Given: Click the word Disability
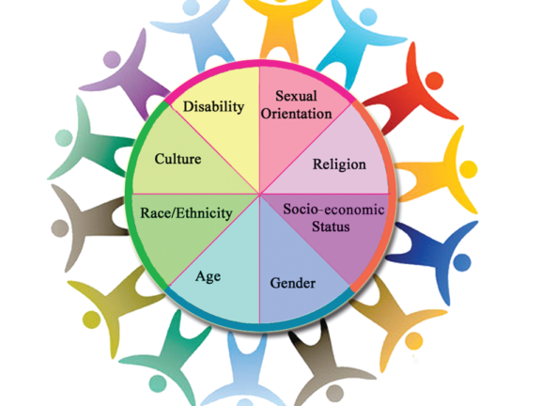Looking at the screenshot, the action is pyautogui.click(x=213, y=106).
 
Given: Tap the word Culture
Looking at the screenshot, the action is pyautogui.click(x=178, y=159).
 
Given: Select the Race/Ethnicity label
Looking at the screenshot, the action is pyautogui.click(x=186, y=213).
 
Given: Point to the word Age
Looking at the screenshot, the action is pyautogui.click(x=209, y=277).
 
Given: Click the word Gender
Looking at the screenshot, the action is pyautogui.click(x=293, y=283).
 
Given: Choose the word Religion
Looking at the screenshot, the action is pyautogui.click(x=339, y=164).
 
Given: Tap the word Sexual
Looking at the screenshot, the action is pyautogui.click(x=296, y=96).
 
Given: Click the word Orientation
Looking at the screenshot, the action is pyautogui.click(x=296, y=114).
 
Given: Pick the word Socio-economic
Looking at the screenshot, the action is pyautogui.click(x=333, y=210).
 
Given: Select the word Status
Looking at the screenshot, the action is pyautogui.click(x=331, y=226).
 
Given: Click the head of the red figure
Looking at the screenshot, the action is pyautogui.click(x=434, y=80).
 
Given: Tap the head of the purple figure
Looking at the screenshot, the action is pyautogui.click(x=112, y=59).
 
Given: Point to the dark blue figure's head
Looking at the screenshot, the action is pyautogui.click(x=462, y=262).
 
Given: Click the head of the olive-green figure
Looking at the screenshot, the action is pyautogui.click(x=92, y=320).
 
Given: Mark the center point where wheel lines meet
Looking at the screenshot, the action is pyautogui.click(x=259, y=194).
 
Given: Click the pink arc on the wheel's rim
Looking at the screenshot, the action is pyautogui.click(x=259, y=63).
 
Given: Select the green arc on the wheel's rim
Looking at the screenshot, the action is pyautogui.click(x=130, y=194).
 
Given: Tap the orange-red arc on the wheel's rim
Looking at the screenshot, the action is pyautogui.click(x=390, y=194).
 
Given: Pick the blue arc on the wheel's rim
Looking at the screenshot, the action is pyautogui.click(x=259, y=327).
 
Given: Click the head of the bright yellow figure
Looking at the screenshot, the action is pyautogui.click(x=468, y=169).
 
